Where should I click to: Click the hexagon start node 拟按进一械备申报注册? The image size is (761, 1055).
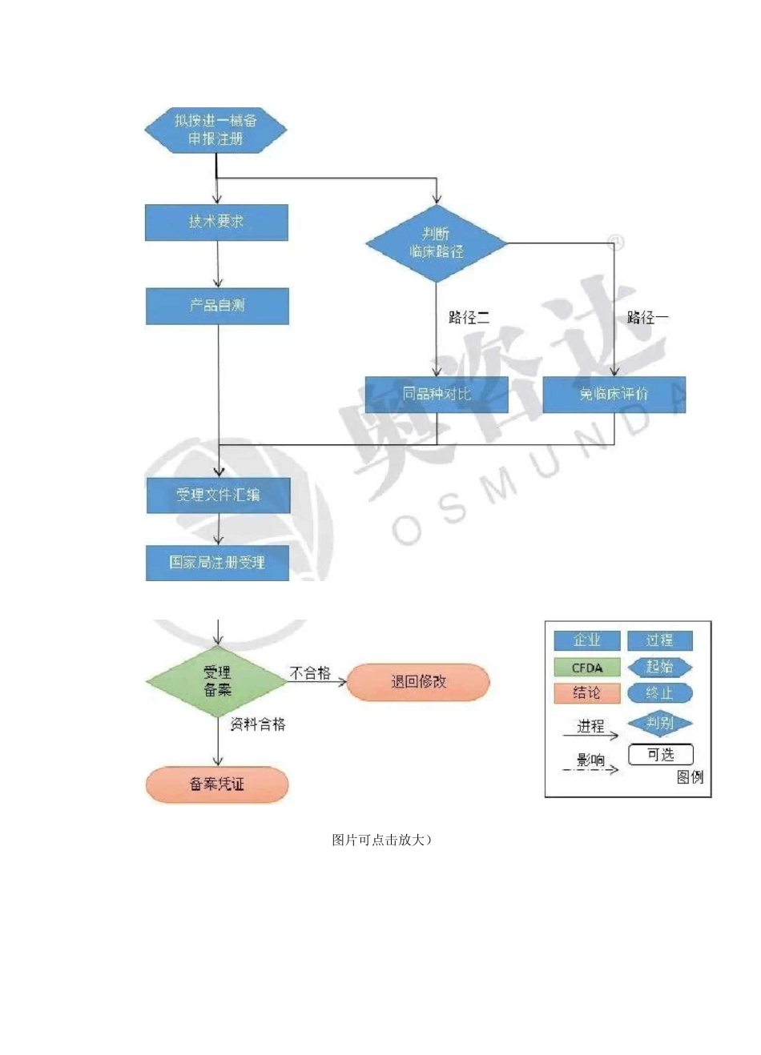tap(215, 130)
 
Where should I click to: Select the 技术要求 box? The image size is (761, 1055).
tap(216, 223)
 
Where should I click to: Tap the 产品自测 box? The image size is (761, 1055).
tap(217, 306)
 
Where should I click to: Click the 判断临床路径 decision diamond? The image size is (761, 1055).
tap(437, 243)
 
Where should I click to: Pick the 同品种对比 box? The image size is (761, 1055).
tap(437, 394)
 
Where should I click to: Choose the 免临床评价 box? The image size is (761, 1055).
tap(614, 394)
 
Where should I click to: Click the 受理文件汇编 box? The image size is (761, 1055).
tap(218, 495)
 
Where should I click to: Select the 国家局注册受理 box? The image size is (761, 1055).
tap(217, 563)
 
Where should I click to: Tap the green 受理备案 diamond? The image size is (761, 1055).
tap(217, 681)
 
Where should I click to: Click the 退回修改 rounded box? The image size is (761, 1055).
tap(418, 682)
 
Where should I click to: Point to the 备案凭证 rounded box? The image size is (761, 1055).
tap(217, 784)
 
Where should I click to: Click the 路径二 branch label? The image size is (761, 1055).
tap(469, 318)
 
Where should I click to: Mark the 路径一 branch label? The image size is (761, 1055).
tap(647, 318)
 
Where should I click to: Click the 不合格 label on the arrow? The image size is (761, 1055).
tap(310, 673)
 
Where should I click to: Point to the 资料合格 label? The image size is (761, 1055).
tap(258, 724)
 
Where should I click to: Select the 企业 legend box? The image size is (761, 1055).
tap(587, 640)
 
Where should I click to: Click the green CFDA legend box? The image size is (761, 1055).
tap(587, 668)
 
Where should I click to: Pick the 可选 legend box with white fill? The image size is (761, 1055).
tap(661, 755)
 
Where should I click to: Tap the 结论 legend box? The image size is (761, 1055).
tap(587, 693)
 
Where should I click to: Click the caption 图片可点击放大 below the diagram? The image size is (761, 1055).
tap(381, 840)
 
